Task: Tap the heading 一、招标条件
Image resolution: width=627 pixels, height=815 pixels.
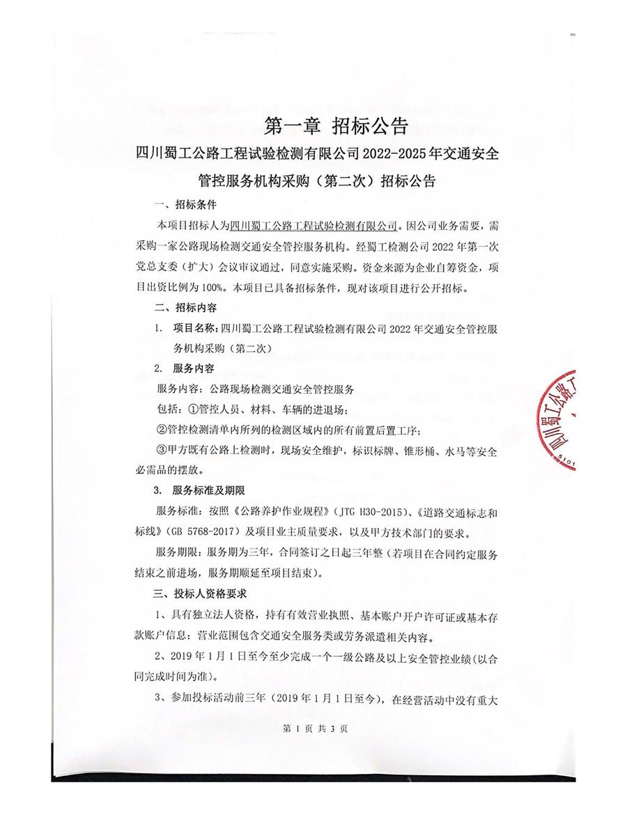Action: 185,205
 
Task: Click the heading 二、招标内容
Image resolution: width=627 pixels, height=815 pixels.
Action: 185,306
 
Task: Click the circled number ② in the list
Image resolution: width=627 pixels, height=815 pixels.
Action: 162,429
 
